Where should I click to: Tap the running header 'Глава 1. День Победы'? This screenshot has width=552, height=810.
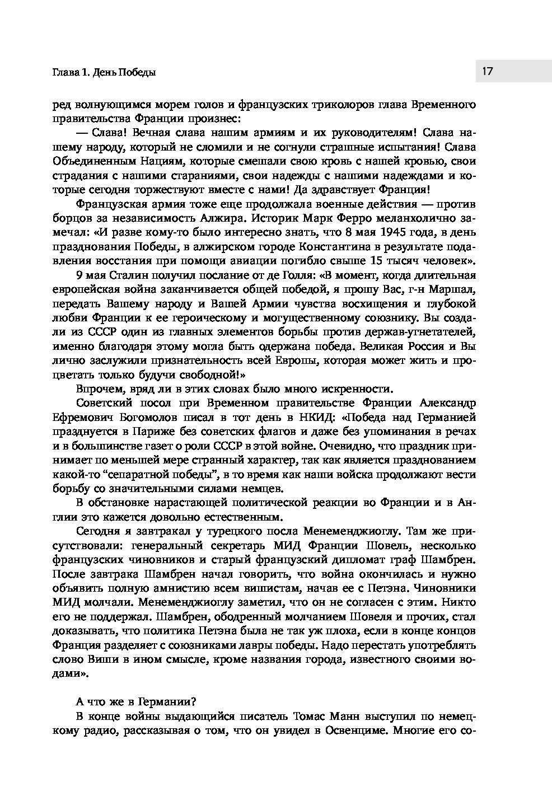[104, 72]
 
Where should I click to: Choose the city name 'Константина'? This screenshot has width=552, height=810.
[314, 246]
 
